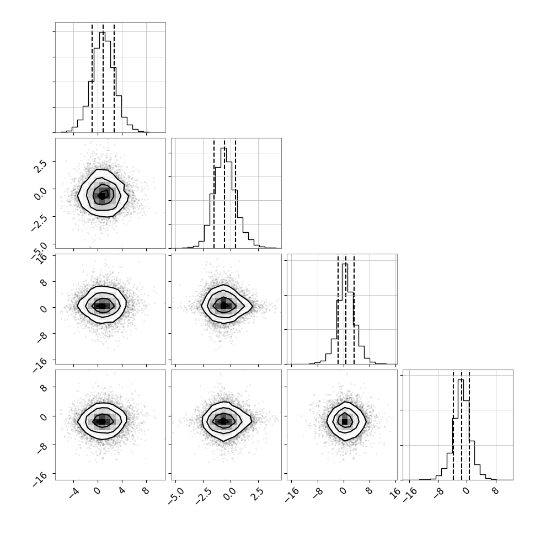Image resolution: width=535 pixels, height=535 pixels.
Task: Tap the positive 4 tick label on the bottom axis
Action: pos(122,491)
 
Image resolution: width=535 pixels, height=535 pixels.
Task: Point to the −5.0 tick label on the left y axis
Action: pos(39,251)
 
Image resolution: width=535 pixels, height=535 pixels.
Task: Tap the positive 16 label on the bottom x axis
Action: pos(396,493)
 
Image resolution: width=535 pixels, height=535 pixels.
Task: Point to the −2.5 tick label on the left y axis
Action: pos(39,223)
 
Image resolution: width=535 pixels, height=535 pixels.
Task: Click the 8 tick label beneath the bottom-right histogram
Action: pos(496,491)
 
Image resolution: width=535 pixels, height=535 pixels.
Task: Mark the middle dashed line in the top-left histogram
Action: pos(103,78)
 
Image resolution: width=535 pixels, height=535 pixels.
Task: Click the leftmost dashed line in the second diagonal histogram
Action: pos(214,194)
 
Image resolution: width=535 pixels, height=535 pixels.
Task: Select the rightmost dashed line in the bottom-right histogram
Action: pos(469,425)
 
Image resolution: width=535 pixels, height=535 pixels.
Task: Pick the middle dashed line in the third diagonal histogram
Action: pos(346,309)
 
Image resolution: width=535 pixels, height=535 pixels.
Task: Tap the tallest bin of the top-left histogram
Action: pos(103,82)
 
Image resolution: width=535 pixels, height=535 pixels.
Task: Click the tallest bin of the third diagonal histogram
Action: pos(345,314)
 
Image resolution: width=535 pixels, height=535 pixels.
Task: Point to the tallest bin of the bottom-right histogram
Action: pos(461,430)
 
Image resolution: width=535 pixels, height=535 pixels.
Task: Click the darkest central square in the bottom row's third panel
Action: pos(345,422)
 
